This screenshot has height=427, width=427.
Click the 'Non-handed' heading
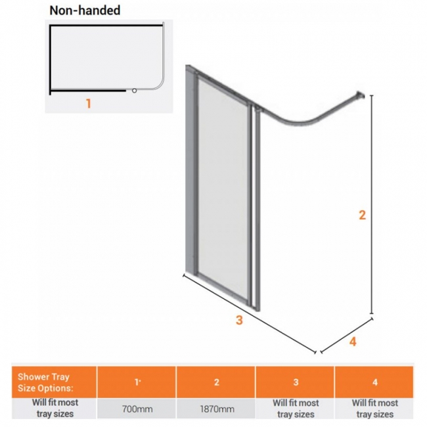(85, 11)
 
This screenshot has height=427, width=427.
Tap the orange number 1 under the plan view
(88, 104)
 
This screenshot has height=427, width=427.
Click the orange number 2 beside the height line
(361, 215)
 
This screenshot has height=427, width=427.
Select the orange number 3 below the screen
(239, 320)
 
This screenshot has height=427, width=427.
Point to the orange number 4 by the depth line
(353, 342)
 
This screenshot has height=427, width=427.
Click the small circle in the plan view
(134, 91)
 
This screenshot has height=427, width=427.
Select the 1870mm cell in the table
(215, 409)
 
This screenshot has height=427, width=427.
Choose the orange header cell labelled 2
(215, 382)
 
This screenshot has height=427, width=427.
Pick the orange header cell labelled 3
(295, 382)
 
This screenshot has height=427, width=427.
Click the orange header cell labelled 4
(374, 382)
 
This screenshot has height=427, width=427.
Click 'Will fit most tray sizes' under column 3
(295, 409)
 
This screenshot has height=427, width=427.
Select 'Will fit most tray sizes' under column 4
(374, 409)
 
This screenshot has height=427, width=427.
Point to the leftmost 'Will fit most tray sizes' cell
(55, 409)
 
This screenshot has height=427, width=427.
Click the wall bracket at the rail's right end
(361, 95)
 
